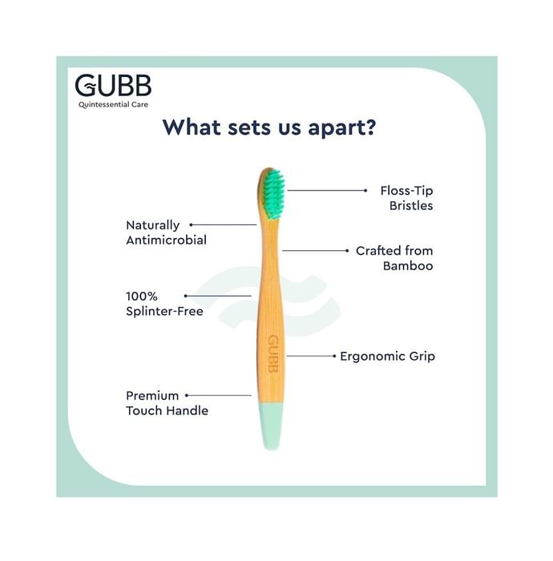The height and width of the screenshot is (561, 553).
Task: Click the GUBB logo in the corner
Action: [113, 86]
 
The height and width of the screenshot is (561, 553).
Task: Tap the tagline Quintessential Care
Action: [113, 104]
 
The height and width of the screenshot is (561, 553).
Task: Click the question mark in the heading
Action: [369, 127]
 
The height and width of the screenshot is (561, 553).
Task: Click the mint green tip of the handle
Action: [271, 426]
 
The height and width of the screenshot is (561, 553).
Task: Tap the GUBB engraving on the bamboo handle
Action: [273, 354]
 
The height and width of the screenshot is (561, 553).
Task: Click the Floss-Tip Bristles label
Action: [406, 198]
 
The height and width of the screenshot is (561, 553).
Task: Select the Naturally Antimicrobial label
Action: [167, 232]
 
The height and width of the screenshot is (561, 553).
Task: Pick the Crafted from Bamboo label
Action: [394, 258]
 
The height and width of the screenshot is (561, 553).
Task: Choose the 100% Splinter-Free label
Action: [164, 304]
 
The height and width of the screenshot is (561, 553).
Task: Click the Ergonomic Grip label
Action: [387, 357]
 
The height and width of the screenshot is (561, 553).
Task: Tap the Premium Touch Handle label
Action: [167, 403]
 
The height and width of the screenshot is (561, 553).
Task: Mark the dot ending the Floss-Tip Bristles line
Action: [365, 191]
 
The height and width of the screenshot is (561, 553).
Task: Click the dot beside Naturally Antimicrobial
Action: [192, 224]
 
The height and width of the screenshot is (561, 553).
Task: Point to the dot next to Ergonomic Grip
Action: [334, 356]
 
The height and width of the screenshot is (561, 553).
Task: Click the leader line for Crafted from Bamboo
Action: [315, 250]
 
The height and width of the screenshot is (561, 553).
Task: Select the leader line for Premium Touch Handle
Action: [219, 395]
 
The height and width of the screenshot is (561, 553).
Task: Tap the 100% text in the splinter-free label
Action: [142, 297]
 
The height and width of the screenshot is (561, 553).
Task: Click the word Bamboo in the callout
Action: [408, 266]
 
